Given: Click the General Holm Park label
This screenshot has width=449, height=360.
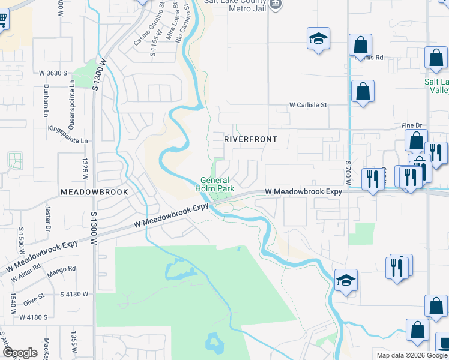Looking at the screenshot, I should coord(217,184).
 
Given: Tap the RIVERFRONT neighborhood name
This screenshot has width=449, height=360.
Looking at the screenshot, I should coord(250,139).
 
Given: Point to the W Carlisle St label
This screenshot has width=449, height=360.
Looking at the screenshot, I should coord(308,104).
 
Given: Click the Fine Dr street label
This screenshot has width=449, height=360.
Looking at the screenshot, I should coord(412,125).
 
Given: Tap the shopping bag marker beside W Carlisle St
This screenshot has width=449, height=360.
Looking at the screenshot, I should coord(363,92).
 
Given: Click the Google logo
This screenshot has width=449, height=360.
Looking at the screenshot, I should coord(20,353).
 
